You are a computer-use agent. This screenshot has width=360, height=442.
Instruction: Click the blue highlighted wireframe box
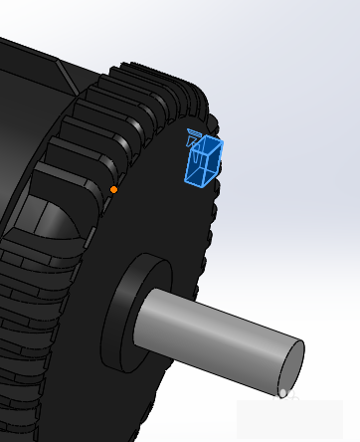(x=203, y=161)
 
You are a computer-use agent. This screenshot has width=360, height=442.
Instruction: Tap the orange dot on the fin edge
(x=113, y=189)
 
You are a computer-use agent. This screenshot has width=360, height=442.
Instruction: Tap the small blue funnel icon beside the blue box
(x=194, y=138)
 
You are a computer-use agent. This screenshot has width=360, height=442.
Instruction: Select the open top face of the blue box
(x=209, y=146)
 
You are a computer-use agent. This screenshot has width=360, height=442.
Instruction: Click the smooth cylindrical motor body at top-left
(x=30, y=100)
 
